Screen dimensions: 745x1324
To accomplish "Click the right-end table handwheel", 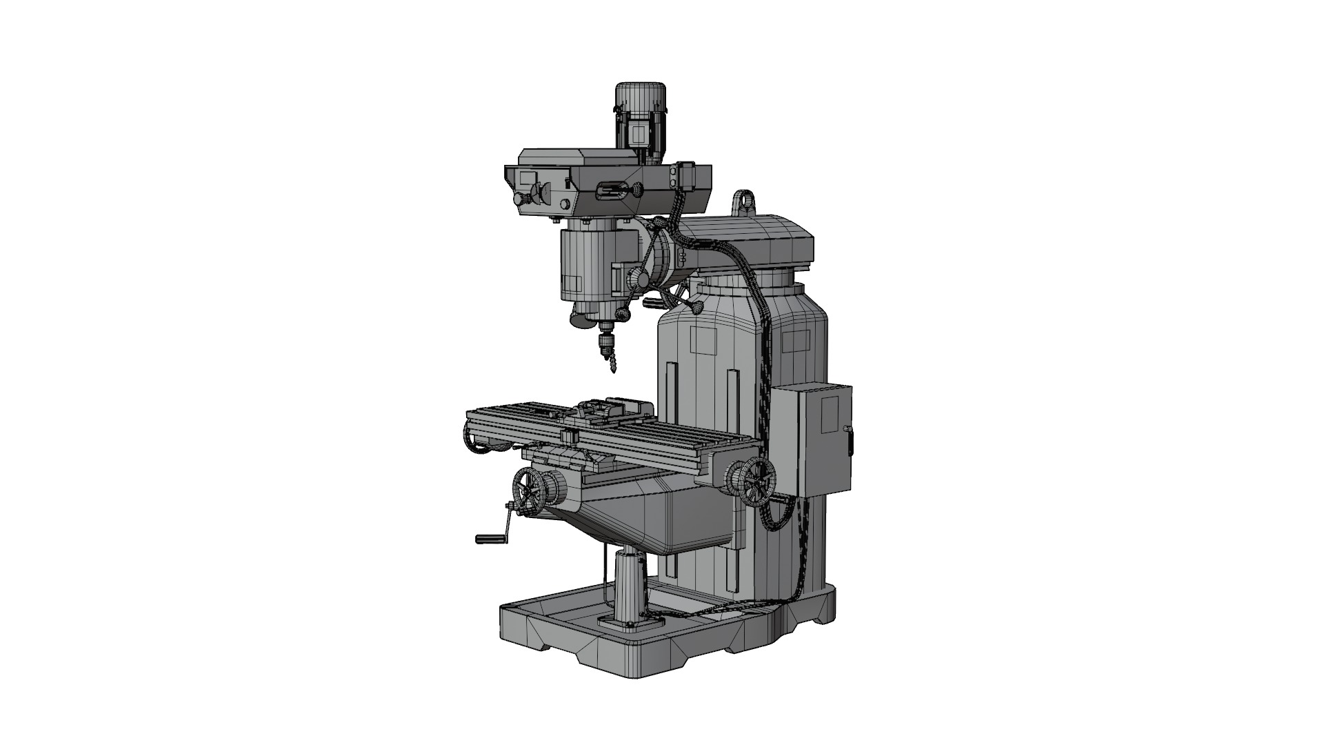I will [x=757, y=481].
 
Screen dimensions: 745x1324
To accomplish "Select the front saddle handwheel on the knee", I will [x=528, y=493].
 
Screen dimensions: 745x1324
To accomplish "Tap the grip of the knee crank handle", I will [x=490, y=537].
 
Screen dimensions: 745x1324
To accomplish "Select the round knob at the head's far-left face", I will [x=518, y=199].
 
